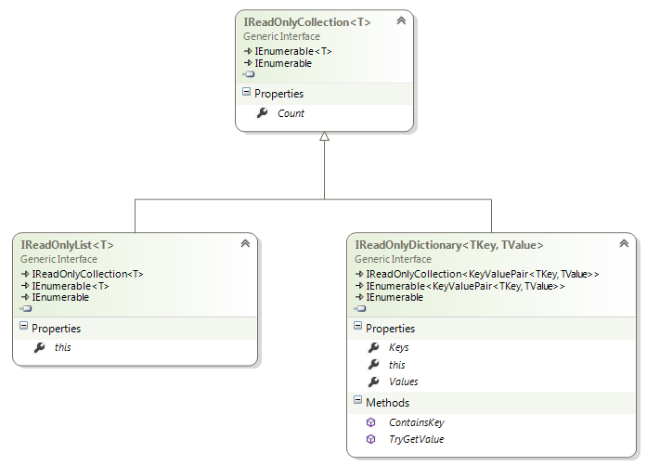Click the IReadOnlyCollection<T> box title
coord(307,22)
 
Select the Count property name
coord(291,113)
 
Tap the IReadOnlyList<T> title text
coord(67,245)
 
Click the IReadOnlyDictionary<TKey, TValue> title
coord(449,245)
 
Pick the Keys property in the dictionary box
coord(398,347)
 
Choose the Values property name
coord(404,382)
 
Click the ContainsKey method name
coord(417,422)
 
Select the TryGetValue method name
coord(417,439)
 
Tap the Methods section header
coord(387,403)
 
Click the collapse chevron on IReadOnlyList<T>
coord(245,243)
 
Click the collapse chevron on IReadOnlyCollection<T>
coord(401,20)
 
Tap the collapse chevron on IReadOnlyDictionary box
coord(624,243)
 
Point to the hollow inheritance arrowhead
coord(324,136)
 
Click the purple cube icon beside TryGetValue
coord(371,439)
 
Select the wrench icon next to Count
coord(262,112)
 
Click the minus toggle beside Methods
coord(357,400)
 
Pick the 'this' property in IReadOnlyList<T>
coord(63,347)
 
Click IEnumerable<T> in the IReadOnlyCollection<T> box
coord(293,51)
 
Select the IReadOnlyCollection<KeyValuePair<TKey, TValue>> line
coord(483,274)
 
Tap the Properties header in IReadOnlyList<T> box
coord(56,329)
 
